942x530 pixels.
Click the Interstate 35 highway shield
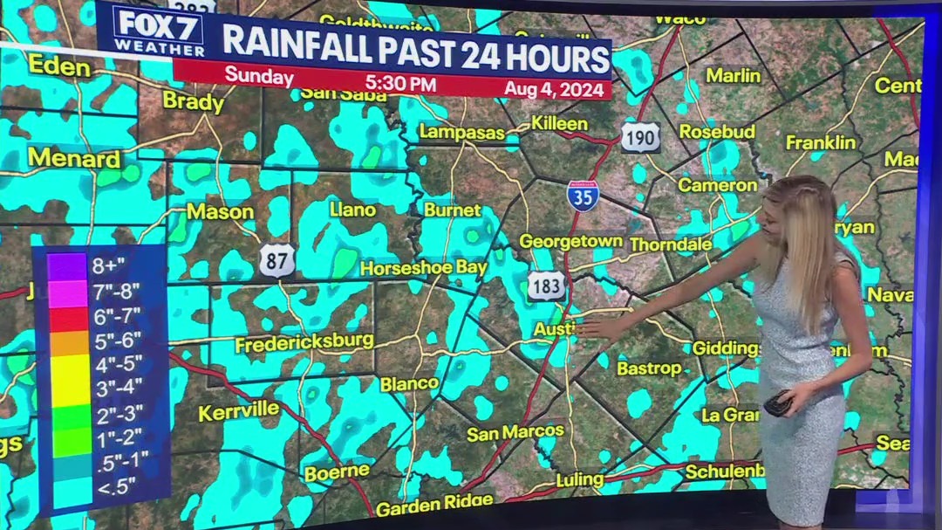coord(583,196)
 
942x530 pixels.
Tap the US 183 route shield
coord(546,286)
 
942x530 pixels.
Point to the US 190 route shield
coord(640,137)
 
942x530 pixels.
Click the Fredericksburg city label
coord(304,343)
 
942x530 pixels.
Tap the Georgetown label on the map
coord(571,242)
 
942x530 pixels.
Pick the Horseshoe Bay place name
coord(423,268)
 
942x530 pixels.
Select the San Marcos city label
coord(515,432)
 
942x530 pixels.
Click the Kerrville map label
coord(238,411)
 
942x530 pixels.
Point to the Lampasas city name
coord(461,133)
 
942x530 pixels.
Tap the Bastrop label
coord(649,368)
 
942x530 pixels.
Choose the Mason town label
coord(220,211)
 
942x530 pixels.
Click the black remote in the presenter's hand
coord(777,403)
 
